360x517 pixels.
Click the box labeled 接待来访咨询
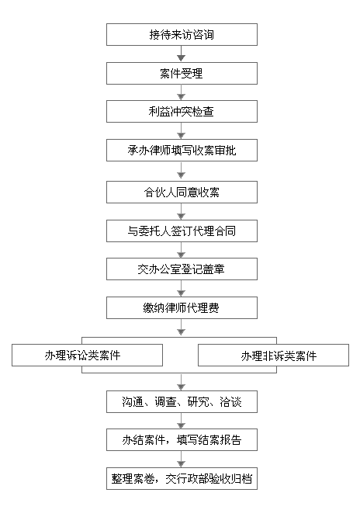pyautogui.click(x=182, y=34)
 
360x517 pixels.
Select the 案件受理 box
pyautogui.click(x=182, y=73)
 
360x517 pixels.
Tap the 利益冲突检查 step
pyautogui.click(x=182, y=112)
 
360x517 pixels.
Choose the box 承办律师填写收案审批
pyautogui.click(x=182, y=151)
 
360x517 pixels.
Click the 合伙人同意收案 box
pyautogui.click(x=182, y=192)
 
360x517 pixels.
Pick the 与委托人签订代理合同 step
pyautogui.click(x=182, y=231)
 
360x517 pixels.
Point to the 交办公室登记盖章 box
pyautogui.click(x=182, y=269)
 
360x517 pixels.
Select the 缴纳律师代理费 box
pyautogui.click(x=182, y=307)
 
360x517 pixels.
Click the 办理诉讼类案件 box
pyautogui.click(x=87, y=355)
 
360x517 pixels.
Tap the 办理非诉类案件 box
pyautogui.click(x=273, y=355)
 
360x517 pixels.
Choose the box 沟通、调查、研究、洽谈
pyautogui.click(x=182, y=401)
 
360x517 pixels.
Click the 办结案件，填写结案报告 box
pyautogui.click(x=182, y=439)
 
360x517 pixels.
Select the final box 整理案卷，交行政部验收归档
pyautogui.click(x=182, y=478)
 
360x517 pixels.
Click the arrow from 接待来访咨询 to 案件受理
pyautogui.click(x=181, y=54)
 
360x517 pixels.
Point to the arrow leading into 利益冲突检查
pyautogui.click(x=181, y=92)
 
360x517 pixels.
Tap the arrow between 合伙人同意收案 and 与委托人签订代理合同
pyautogui.click(x=181, y=211)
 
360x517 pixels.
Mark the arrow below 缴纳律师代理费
pyautogui.click(x=181, y=327)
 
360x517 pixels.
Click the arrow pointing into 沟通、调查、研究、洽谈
pyautogui.click(x=181, y=382)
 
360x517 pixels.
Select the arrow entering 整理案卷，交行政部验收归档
pyautogui.click(x=181, y=459)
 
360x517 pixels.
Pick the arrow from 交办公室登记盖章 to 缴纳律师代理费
pyautogui.click(x=181, y=289)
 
